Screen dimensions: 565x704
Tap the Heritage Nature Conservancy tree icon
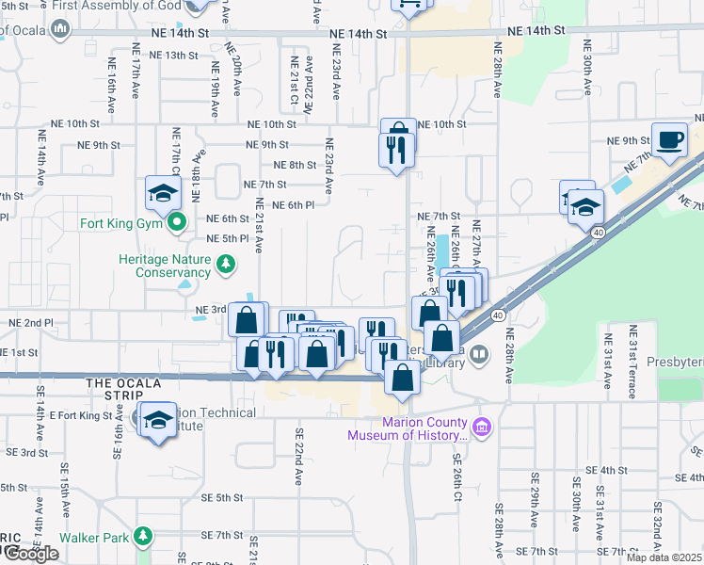coord(225,264)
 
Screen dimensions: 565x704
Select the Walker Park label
coord(92,538)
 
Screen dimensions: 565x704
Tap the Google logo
coord(30,554)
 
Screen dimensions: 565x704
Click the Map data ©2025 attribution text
coord(662,557)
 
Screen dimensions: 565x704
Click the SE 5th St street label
coord(222,497)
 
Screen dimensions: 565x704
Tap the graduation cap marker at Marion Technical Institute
coord(158,421)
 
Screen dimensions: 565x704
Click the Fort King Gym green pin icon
coord(175,223)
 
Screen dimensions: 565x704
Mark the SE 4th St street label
coord(606,470)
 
